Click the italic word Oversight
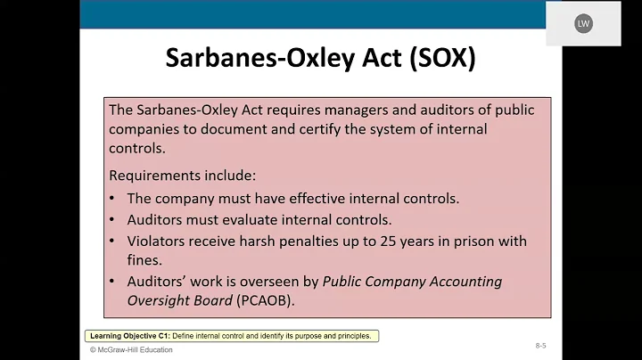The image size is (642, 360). (158, 300)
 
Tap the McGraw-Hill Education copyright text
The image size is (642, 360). (131, 350)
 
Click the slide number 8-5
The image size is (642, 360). (541, 344)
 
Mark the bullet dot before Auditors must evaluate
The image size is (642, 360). (111, 220)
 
